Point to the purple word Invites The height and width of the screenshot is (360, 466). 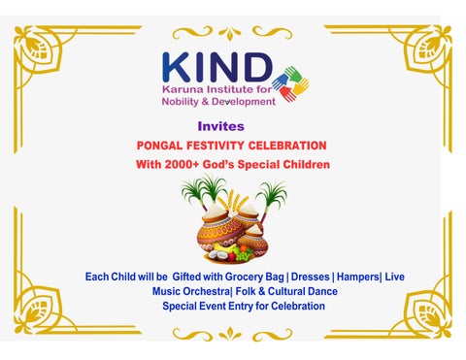(220, 126)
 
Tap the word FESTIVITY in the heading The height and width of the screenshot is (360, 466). (224, 146)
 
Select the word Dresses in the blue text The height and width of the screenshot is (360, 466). (314, 277)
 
